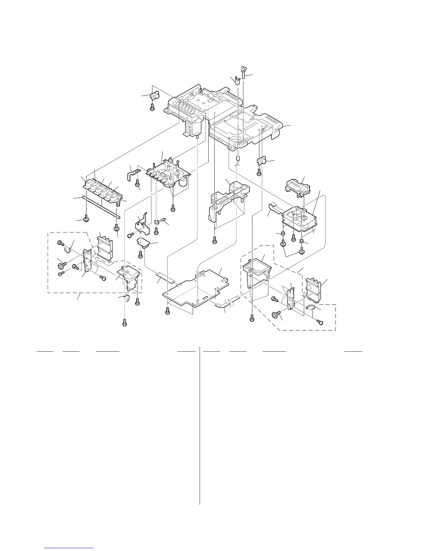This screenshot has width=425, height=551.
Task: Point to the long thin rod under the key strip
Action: [101, 207]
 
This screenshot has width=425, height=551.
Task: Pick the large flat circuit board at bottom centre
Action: [195, 287]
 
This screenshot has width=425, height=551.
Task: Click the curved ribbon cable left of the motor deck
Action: [275, 210]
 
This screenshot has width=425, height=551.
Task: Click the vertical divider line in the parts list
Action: [200, 424]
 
